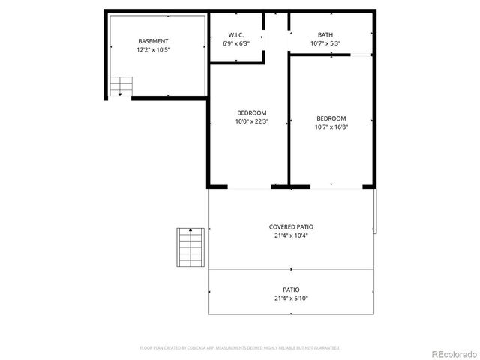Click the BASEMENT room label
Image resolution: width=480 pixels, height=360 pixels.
(x=153, y=41)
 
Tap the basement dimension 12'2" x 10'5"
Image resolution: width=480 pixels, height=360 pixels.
(x=153, y=50)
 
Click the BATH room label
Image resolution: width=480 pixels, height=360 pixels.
(x=325, y=35)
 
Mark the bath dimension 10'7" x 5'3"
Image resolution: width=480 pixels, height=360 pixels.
(x=325, y=43)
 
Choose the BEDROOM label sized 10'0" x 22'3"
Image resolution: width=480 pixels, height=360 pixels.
(x=251, y=112)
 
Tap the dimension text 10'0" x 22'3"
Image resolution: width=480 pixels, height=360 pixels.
(x=251, y=121)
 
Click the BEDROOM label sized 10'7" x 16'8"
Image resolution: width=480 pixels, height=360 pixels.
(x=331, y=118)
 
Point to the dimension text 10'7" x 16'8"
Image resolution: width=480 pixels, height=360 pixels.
(x=331, y=127)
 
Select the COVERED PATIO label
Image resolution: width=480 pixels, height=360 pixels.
(x=291, y=226)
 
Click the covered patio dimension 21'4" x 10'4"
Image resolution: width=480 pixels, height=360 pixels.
(x=291, y=235)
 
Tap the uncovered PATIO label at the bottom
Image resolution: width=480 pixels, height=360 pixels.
(x=291, y=289)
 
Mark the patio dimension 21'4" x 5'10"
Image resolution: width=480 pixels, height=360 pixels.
(x=291, y=298)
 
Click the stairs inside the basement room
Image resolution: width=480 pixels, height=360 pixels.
(x=120, y=87)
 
